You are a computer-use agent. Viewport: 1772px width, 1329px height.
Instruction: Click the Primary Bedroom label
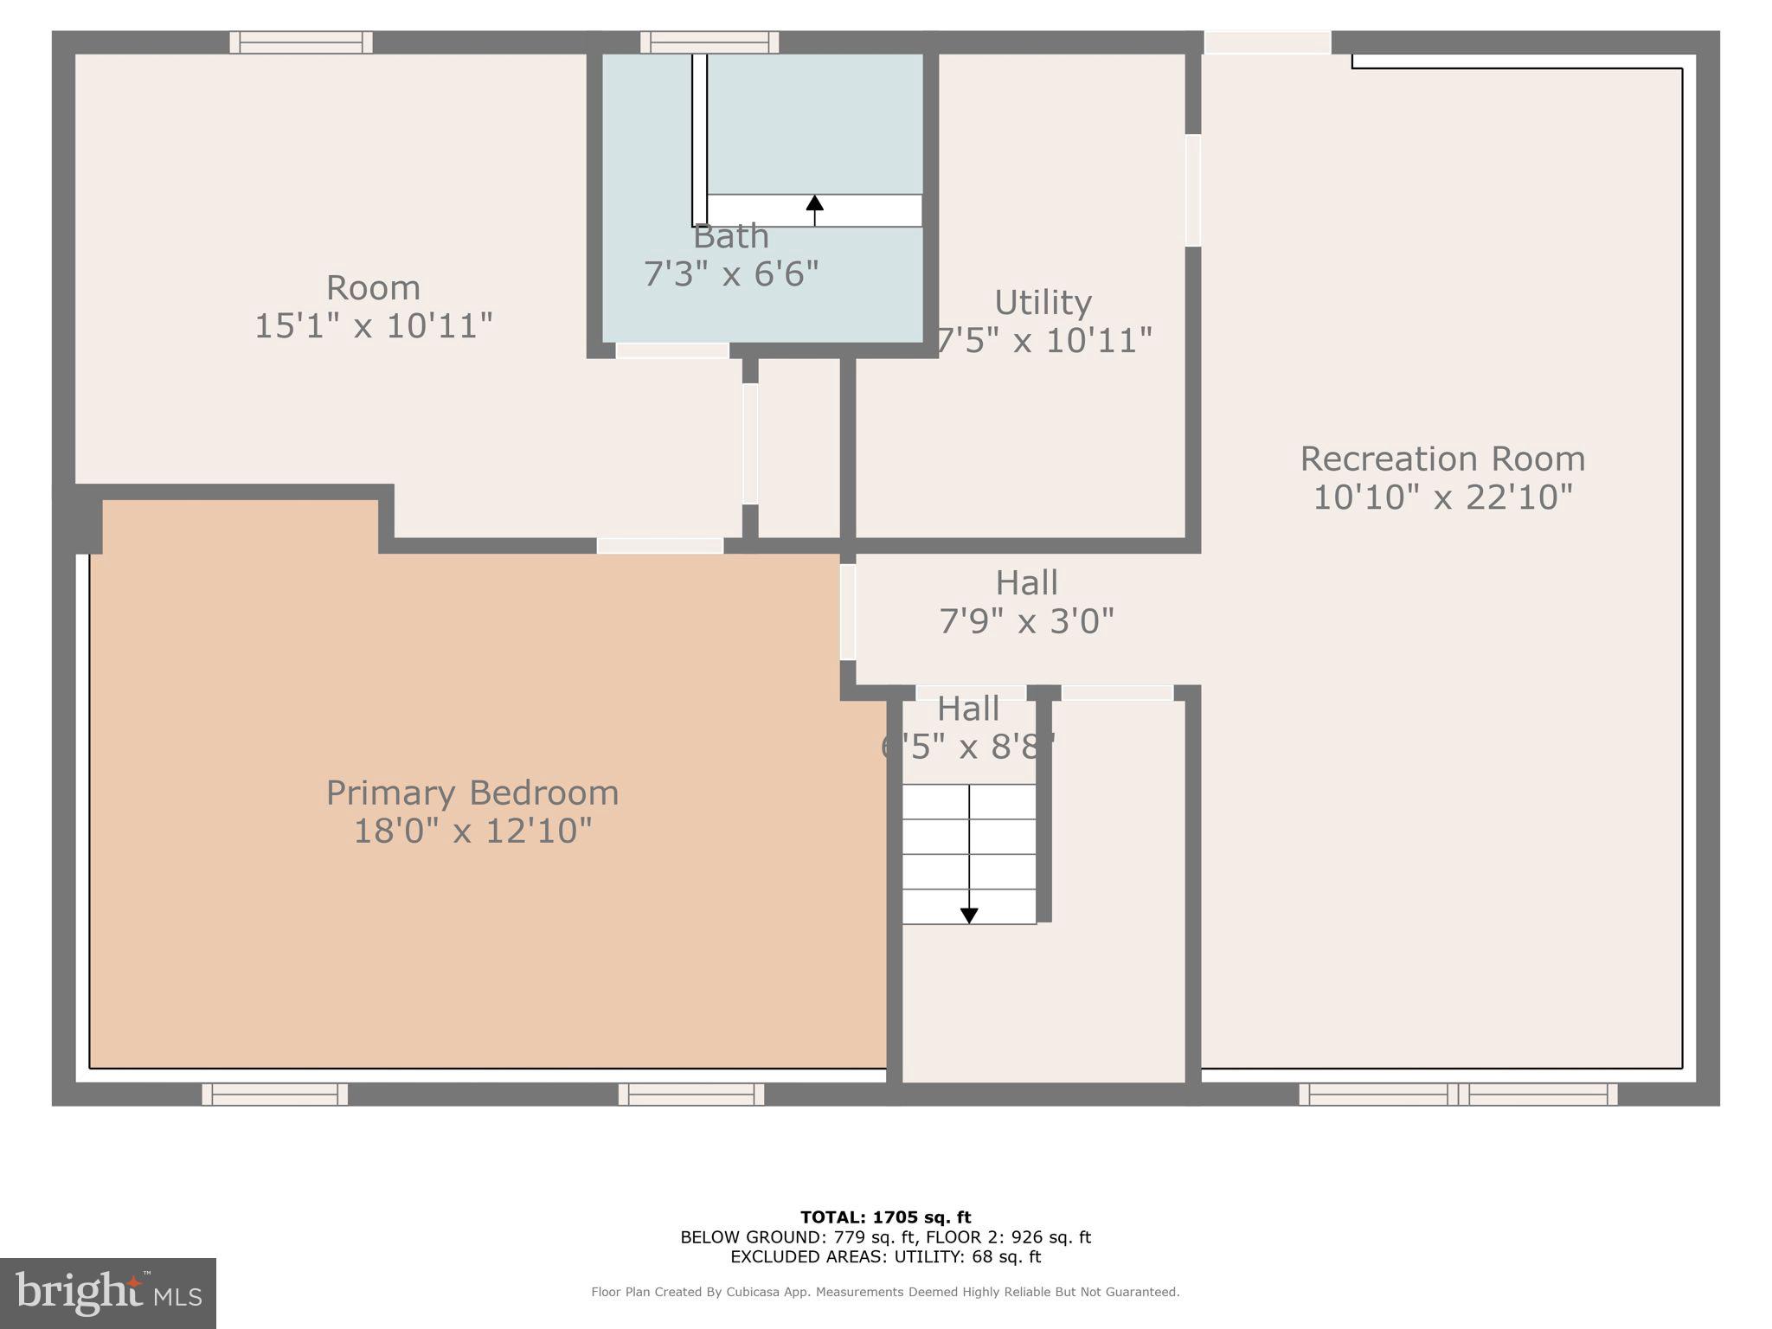pos(472,793)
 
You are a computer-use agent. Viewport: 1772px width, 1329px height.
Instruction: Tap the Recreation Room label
pos(1442,459)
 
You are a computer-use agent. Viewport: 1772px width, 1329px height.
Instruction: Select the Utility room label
pos(1043,303)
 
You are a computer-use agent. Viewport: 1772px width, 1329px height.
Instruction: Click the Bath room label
pos(731,236)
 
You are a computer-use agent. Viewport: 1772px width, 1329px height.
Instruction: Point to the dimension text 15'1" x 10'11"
pos(374,326)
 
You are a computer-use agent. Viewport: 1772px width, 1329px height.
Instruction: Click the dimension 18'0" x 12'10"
pos(472,831)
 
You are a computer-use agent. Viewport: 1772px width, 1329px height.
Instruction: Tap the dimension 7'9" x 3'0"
pos(1026,620)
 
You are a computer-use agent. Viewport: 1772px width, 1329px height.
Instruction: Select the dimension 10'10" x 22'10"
pos(1442,498)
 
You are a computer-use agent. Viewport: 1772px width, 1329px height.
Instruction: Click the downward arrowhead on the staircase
pos(969,915)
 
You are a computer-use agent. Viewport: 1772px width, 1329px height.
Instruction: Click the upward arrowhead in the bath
pos(814,202)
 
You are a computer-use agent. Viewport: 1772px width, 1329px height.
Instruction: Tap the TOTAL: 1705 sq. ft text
pos(885,1217)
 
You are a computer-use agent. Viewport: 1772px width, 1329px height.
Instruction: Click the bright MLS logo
pos(108,1293)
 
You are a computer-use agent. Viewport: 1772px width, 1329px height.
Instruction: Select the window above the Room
pos(301,42)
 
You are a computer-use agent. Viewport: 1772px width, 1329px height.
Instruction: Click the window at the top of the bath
pos(709,42)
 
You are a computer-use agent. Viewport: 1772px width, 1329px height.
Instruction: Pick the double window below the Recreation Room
pos(1458,1095)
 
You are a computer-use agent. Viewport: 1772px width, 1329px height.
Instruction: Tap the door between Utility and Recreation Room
pos(1193,190)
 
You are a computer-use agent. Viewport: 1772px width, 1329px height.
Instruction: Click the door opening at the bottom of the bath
pos(672,350)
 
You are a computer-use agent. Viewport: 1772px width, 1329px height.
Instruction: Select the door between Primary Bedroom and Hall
pos(848,612)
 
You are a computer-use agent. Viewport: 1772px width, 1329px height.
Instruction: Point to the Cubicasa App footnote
pos(885,1292)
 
